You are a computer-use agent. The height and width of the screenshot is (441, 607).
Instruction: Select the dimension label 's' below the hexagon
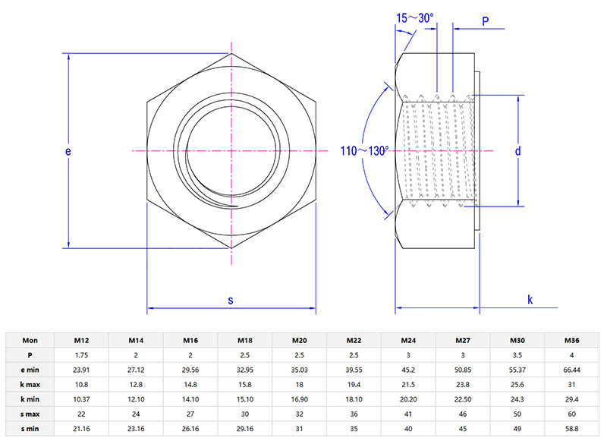pyautogui.click(x=231, y=300)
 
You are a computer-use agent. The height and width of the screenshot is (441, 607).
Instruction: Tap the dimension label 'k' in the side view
pyautogui.click(x=530, y=300)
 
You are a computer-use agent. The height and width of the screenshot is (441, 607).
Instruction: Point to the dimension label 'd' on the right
pyautogui.click(x=517, y=151)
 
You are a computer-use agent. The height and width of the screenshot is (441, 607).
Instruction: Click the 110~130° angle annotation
pyautogui.click(x=364, y=152)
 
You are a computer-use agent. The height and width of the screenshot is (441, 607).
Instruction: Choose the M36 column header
pyautogui.click(x=571, y=340)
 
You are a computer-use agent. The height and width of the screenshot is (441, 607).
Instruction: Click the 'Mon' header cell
pyautogui.click(x=30, y=340)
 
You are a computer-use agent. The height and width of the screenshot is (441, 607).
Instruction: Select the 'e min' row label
pyautogui.click(x=30, y=370)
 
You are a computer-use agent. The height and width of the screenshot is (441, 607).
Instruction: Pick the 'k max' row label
pyautogui.click(x=30, y=384)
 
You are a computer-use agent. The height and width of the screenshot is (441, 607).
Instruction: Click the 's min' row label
pyautogui.click(x=30, y=428)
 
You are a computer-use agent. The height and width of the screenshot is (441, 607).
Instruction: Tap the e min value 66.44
pyautogui.click(x=571, y=370)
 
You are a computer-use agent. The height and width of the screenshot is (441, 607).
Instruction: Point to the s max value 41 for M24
pyautogui.click(x=408, y=414)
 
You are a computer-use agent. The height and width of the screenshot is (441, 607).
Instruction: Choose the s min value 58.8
pyautogui.click(x=571, y=428)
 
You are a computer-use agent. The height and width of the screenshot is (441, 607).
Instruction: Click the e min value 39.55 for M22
pyautogui.click(x=354, y=370)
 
